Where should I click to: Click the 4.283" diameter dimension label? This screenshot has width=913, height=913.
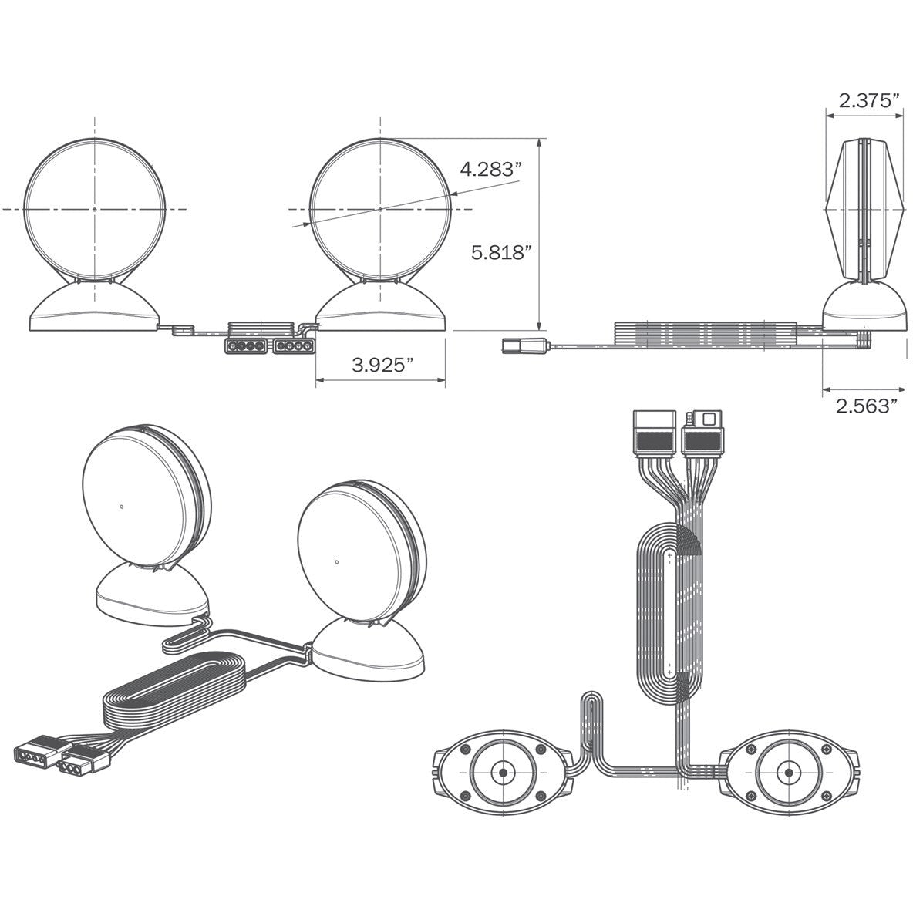tap(489, 170)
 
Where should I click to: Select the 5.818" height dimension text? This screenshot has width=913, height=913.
tap(501, 253)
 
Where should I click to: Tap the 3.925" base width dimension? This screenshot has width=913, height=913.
tap(382, 365)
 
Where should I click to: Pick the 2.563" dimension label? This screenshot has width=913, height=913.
tap(863, 406)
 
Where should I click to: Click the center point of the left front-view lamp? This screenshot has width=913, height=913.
tap(94, 208)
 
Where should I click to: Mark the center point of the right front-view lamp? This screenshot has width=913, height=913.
tap(380, 208)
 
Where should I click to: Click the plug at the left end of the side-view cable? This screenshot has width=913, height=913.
tap(523, 346)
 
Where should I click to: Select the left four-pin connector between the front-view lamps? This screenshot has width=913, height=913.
tap(246, 346)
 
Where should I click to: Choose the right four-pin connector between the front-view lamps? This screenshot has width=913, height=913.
tap(294, 346)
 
